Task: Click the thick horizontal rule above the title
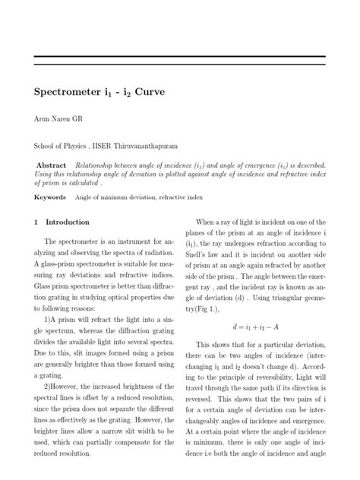(x=180, y=56)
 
